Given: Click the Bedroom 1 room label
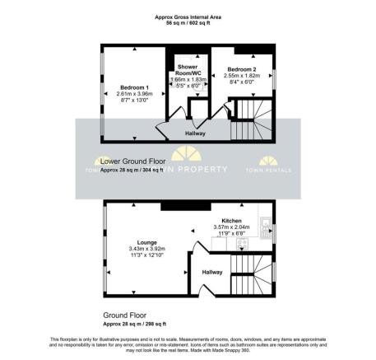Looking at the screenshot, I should pyautogui.click(x=132, y=86).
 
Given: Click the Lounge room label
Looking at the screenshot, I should pyautogui.click(x=146, y=242).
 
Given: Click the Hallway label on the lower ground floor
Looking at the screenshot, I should pyautogui.click(x=195, y=133).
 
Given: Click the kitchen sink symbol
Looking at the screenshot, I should pyautogui.click(x=265, y=222).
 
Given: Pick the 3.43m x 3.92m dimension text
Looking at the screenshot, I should pyautogui.click(x=146, y=249).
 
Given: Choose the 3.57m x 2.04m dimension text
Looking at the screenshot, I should pyautogui.click(x=231, y=227).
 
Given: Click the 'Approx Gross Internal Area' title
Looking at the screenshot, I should pyautogui.click(x=188, y=16).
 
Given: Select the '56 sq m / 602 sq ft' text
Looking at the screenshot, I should pyautogui.click(x=188, y=23).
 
